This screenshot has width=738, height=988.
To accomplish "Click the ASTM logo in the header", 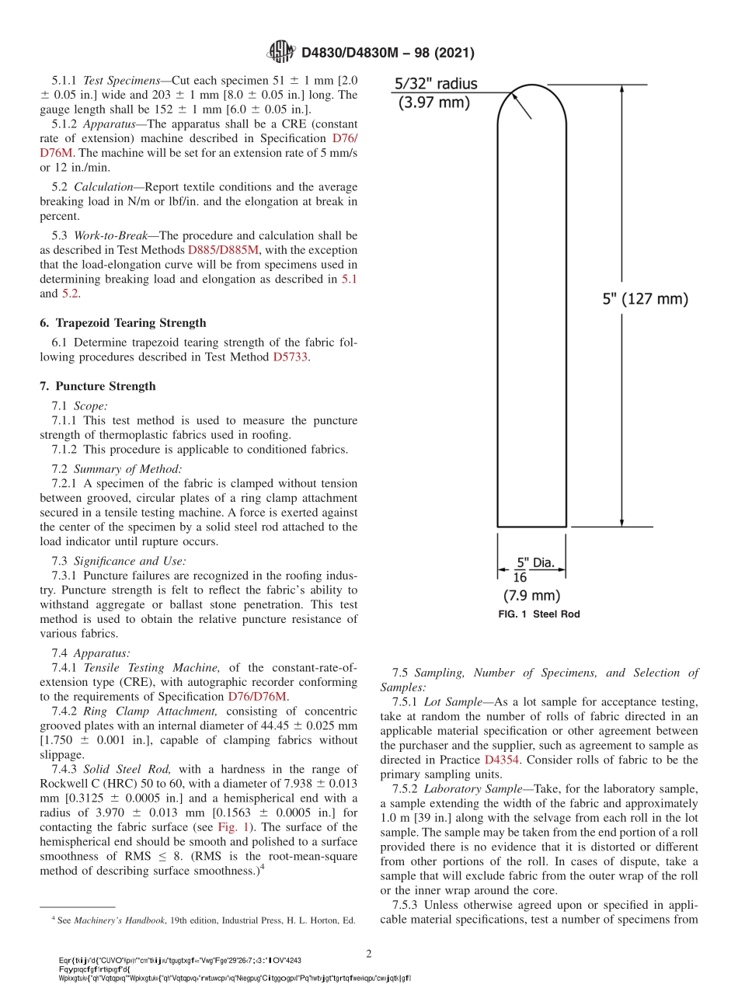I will point(280,52).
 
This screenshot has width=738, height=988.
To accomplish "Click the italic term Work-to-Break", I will point(113,235).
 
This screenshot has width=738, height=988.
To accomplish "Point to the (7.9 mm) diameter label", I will point(531,596).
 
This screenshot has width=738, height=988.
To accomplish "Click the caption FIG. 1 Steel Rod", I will point(539,614).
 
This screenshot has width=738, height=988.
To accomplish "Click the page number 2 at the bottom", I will point(369,953).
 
